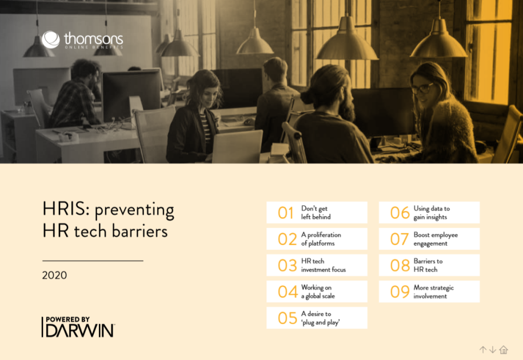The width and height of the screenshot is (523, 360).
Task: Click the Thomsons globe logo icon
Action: [x=50, y=40]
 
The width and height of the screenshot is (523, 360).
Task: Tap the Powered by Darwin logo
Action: [x=78, y=326]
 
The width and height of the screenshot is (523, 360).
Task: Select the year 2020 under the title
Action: [x=54, y=275]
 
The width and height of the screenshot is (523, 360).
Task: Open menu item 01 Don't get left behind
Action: [x=317, y=213]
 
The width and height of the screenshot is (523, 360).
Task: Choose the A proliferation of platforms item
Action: [x=317, y=239]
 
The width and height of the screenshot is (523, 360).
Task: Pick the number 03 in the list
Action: [x=288, y=266]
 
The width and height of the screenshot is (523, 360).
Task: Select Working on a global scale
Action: [x=317, y=291]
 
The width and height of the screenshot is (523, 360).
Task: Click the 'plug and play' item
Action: [x=317, y=318]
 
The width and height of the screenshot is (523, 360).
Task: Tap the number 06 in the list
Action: [x=400, y=213]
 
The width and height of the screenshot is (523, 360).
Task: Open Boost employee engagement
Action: [x=429, y=239]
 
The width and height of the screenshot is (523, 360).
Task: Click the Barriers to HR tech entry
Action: [x=429, y=265]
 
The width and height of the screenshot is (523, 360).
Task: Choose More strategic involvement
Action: [x=429, y=291]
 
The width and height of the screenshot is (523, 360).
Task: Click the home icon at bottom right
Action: [x=504, y=350]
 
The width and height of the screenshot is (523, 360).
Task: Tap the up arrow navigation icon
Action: [x=483, y=350]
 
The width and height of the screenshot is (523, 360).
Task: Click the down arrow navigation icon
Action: [x=493, y=350]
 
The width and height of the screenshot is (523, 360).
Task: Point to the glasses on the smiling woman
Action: [x=422, y=88]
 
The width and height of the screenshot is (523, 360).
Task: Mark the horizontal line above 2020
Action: [x=93, y=261]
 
